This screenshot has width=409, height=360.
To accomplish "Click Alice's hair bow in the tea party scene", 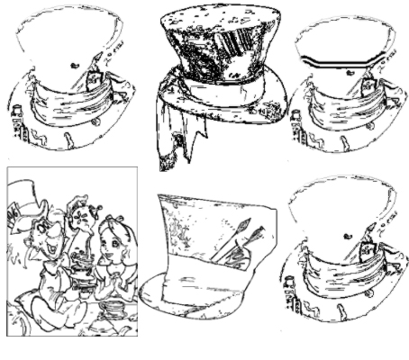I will pyautogui.click(x=114, y=217).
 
